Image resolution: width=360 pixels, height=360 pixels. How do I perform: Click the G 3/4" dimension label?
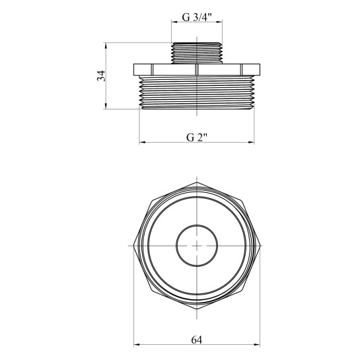pyautogui.click(x=197, y=17)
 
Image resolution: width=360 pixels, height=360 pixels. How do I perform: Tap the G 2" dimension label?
pyautogui.click(x=197, y=138)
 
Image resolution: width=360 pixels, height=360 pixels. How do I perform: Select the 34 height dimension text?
pyautogui.click(x=101, y=76)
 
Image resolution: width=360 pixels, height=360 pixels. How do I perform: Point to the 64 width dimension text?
pyautogui.click(x=197, y=340)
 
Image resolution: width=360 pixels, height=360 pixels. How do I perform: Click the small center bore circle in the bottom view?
pyautogui.click(x=197, y=225)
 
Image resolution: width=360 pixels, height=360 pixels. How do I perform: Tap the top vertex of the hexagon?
pyautogui.click(x=197, y=182)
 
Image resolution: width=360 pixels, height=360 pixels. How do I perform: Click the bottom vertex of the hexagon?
pyautogui.click(x=197, y=308)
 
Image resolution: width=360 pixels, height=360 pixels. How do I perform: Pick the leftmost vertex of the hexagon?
pyautogui.click(x=134, y=246)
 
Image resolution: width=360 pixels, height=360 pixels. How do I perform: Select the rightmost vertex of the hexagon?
pyautogui.click(x=260, y=246)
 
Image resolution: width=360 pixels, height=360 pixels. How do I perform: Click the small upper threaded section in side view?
pyautogui.click(x=197, y=53)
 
